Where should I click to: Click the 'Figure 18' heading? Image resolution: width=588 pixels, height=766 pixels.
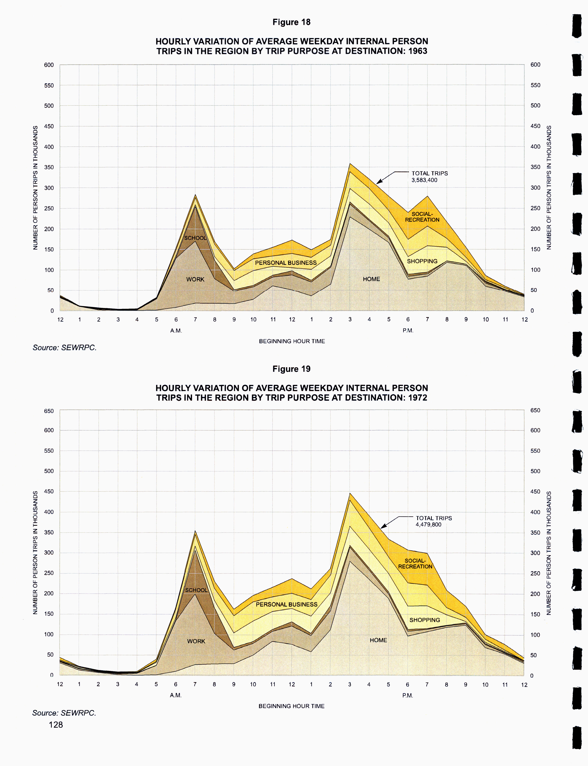(x=291, y=22)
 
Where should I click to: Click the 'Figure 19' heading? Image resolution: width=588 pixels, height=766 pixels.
(x=291, y=369)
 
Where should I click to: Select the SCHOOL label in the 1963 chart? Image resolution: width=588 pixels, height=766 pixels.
(x=195, y=238)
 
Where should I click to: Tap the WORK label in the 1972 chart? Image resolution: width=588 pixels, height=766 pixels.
(x=196, y=641)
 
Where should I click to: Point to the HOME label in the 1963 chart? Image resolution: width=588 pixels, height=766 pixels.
(x=371, y=279)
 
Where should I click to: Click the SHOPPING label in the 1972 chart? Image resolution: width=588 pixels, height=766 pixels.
(x=425, y=620)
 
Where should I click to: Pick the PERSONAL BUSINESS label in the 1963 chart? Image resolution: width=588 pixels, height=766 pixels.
(x=286, y=263)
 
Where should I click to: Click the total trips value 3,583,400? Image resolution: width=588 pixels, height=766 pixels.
(x=424, y=180)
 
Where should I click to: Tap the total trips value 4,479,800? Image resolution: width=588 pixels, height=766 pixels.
(x=428, y=524)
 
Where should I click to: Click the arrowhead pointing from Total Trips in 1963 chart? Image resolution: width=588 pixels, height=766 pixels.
(x=378, y=182)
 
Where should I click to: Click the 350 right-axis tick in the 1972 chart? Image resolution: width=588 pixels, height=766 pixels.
(x=535, y=532)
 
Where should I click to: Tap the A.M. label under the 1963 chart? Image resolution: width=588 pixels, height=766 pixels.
(x=176, y=331)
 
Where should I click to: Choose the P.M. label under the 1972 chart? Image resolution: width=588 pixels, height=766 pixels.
(x=407, y=695)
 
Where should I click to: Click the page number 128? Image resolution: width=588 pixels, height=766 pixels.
(x=56, y=725)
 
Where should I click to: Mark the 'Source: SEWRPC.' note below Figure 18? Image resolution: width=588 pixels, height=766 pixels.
(x=64, y=348)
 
